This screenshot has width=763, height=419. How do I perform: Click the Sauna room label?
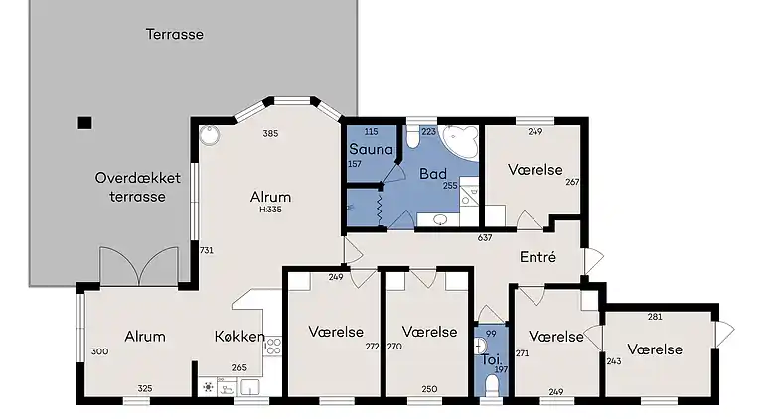371,149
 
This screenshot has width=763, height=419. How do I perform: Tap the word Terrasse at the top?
175,34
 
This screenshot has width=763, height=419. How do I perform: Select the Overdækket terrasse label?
138,187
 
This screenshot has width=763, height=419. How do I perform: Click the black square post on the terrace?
84,123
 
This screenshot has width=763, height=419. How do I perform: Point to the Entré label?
537,256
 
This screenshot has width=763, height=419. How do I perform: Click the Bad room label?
433,174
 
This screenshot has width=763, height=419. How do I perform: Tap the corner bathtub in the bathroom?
461,141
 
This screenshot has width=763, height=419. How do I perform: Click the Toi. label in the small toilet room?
492,360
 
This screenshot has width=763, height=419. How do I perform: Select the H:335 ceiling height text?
270,209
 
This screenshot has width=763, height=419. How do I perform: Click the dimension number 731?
207,251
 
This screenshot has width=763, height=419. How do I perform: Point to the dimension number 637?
485,238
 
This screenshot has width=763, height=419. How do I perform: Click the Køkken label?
239,337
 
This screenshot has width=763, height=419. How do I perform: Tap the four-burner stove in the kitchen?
273,347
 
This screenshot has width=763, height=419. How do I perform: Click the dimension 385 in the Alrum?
270,134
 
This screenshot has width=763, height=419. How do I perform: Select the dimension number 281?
655,317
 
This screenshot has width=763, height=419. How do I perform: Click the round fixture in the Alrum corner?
210,135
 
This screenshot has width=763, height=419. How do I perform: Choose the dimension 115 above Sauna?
371,132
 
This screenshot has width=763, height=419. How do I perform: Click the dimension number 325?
145,388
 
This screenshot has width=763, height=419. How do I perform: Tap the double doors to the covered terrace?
139,266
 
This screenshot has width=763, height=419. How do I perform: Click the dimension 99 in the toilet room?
491,334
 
